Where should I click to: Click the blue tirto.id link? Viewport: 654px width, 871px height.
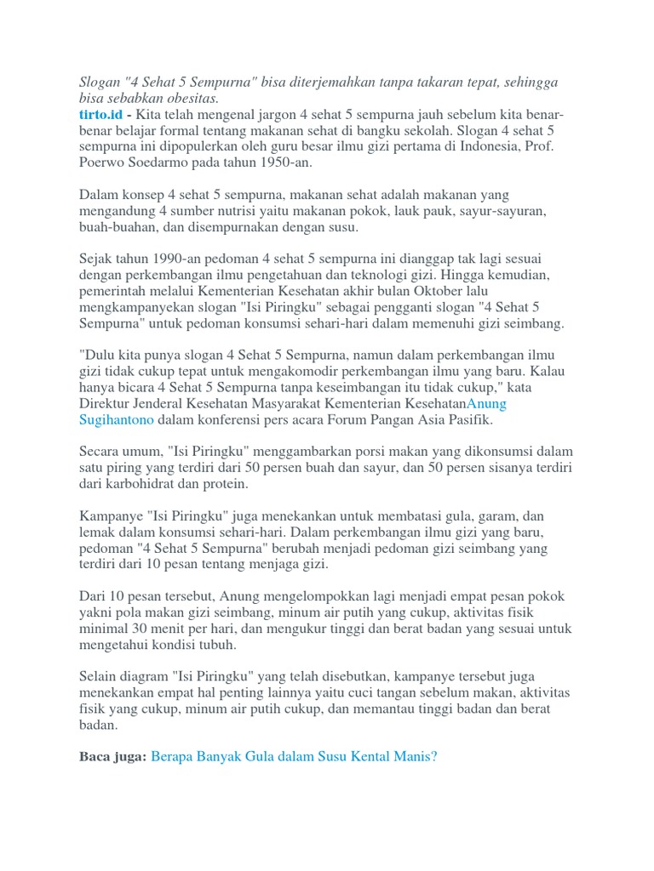pyautogui.click(x=98, y=115)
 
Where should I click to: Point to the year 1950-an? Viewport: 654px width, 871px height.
pyautogui.click(x=284, y=162)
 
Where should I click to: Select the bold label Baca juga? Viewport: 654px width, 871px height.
pyautogui.click(x=112, y=756)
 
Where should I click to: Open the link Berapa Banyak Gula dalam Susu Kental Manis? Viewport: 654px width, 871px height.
pyautogui.click(x=294, y=756)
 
